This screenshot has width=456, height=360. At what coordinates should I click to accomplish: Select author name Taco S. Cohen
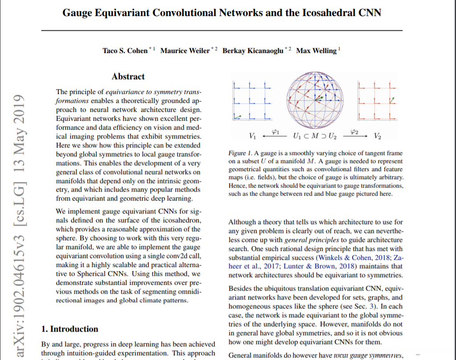point(125,51)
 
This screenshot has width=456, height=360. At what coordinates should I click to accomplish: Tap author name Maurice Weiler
point(185,51)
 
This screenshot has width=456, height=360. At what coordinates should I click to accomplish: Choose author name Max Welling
point(316,51)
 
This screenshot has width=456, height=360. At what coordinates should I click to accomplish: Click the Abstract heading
point(128,77)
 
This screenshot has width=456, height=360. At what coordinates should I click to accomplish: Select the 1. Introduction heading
point(70,329)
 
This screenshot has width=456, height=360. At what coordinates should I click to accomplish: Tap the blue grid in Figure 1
point(251,101)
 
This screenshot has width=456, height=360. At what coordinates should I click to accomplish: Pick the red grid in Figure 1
point(377,101)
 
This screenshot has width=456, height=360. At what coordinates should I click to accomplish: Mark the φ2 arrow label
point(355,131)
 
